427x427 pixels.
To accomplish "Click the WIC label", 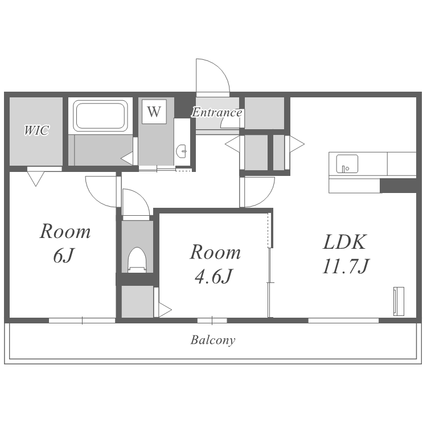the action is coord(36,130).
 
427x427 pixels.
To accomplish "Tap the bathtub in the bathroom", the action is coord(100,115).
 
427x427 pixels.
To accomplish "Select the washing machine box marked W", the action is coord(154,112).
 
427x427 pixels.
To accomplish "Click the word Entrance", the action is coord(217,113).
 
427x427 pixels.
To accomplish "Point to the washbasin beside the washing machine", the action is coord(182,151).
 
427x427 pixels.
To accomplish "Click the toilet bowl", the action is coord(137,260).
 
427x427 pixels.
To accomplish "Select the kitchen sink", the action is coord(347,163).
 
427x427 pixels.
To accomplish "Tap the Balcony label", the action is coord(213,340).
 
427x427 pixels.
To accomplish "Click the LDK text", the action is coord(344,242).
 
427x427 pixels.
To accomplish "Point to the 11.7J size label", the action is coord(346,266).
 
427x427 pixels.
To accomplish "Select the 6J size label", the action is coord(64,256).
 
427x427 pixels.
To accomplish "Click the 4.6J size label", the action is coord(213,276).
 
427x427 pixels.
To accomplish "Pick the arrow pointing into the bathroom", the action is coord(127,158).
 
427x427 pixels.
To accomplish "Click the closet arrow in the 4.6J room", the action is coord(165,310).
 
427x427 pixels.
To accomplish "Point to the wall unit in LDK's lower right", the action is coord(399,301).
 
